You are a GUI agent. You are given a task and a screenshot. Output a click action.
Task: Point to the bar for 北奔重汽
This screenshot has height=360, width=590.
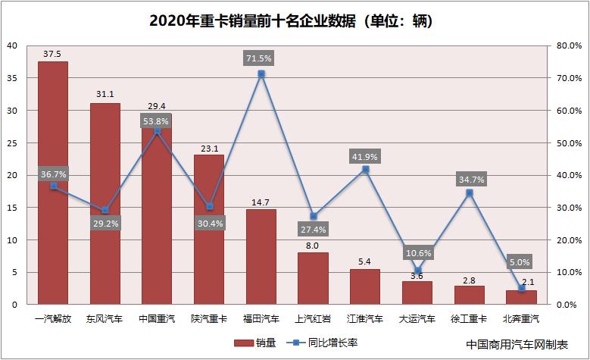coord(520,297)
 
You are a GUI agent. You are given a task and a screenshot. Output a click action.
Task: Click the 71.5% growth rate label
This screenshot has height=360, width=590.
coord(261,58)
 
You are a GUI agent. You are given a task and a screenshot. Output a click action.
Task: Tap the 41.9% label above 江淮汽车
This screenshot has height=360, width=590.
coord(365,156)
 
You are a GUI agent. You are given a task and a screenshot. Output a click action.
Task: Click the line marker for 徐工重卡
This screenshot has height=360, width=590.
coord(469,193)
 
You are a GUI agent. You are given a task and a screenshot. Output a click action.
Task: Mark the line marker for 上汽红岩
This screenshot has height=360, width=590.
coord(313,216)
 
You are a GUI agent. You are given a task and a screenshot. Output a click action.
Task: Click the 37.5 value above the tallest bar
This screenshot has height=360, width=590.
coord(53,54)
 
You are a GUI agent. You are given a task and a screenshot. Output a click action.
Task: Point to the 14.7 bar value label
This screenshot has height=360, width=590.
coord(261,202)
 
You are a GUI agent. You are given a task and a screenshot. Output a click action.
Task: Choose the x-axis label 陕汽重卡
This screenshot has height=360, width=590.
coord(209,319)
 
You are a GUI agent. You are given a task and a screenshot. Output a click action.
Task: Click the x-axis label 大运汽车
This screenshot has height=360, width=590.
coord(417,319)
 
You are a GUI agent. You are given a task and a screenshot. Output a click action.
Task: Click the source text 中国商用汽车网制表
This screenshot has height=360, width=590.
coord(517,343)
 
